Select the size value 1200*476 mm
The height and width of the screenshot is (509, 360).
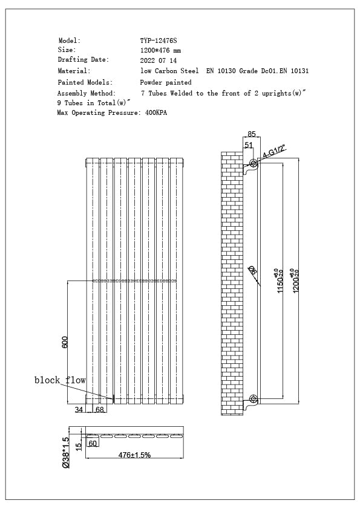coord(160,50)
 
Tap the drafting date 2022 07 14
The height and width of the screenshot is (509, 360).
coord(158,60)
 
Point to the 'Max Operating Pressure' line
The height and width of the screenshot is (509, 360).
coord(112,113)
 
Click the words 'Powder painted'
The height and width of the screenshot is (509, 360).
coord(166,82)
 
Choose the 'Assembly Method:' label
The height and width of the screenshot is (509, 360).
coord(86,94)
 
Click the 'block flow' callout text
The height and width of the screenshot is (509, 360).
coord(60,380)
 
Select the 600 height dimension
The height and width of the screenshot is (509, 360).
coord(65,342)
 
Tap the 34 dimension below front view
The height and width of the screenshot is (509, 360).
coord(79,410)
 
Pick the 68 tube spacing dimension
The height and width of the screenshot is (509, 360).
coord(100,410)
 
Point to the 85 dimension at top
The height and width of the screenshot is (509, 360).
coord(252,134)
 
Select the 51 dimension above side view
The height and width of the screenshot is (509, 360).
coord(249,145)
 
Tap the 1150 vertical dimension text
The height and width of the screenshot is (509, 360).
coord(280,282)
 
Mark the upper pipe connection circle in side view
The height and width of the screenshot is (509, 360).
coord(254,163)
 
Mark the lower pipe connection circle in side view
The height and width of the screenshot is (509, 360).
coord(254,399)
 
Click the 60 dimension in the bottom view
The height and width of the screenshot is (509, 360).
coord(93,443)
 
